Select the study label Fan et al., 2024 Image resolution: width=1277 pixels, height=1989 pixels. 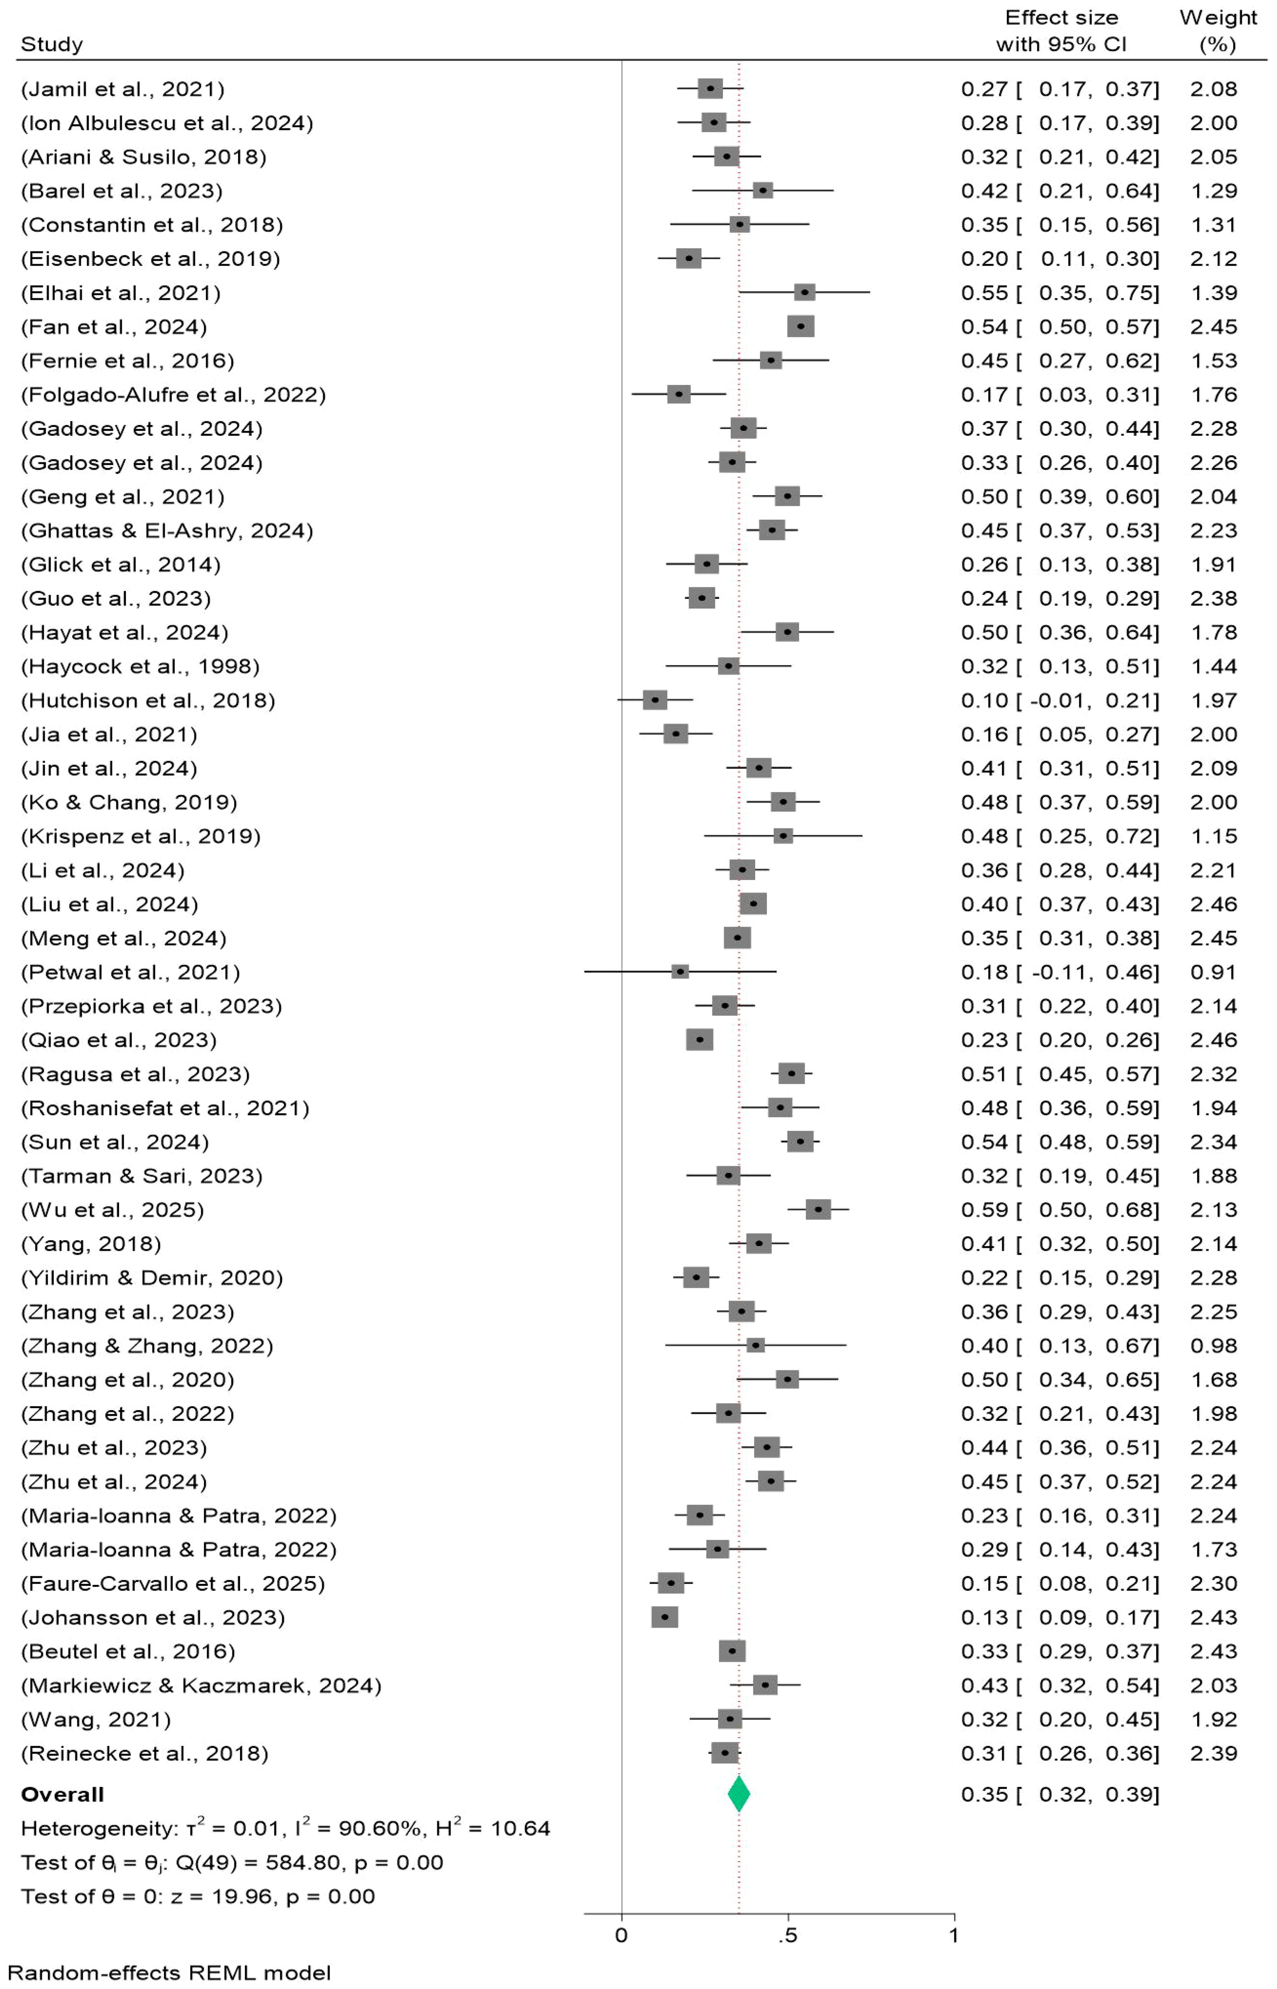point(114,327)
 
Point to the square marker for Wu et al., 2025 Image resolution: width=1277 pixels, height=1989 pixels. point(817,1210)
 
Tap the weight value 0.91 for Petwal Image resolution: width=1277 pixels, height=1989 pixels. point(1213,972)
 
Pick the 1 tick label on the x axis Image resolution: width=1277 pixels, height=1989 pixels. point(954,1935)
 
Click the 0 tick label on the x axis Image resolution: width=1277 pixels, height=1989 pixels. point(621,1935)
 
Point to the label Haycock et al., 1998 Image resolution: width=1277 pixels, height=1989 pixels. point(140,667)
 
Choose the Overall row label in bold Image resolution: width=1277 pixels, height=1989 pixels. point(62,1794)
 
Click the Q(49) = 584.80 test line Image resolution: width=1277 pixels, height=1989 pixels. point(232,1862)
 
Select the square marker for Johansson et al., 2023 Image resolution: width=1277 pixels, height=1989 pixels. point(664,1617)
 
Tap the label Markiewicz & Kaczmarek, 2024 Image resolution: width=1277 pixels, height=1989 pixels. point(202,1685)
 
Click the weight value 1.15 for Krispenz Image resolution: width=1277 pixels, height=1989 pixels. point(1213,836)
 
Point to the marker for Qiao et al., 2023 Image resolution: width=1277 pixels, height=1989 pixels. point(699,1040)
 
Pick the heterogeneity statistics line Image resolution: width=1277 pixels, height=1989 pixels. point(285,1828)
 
